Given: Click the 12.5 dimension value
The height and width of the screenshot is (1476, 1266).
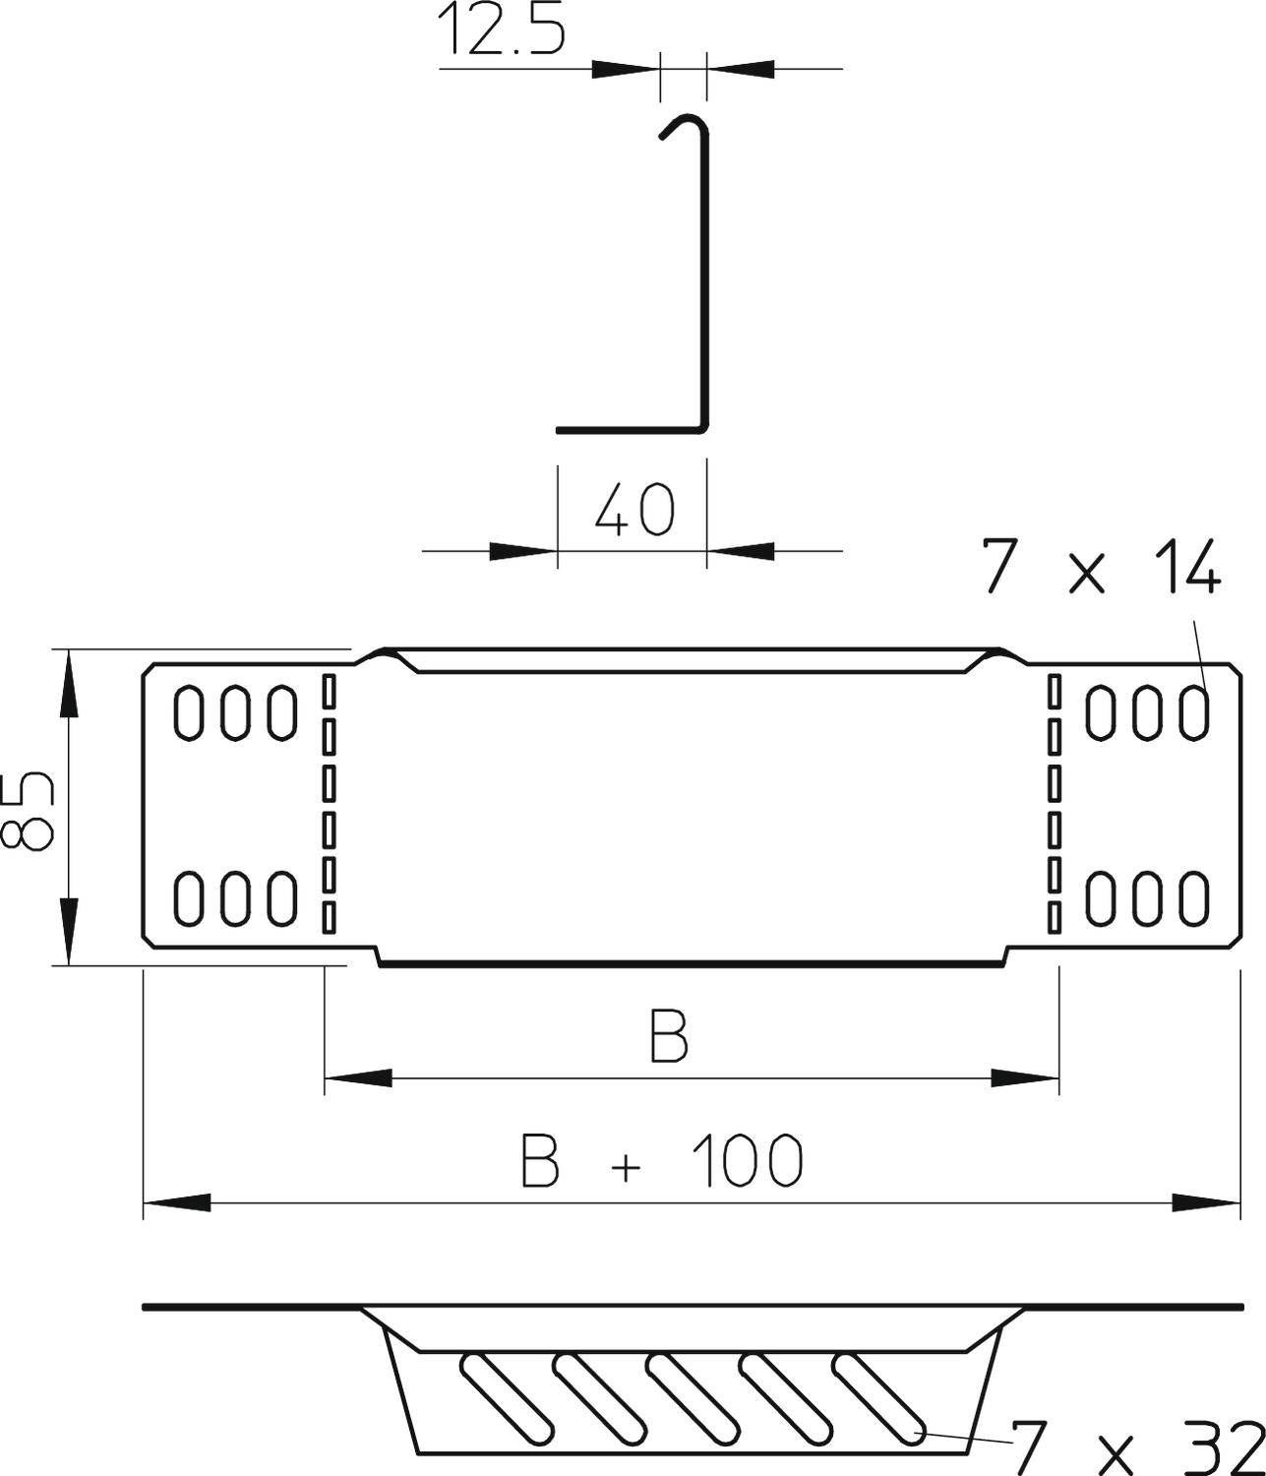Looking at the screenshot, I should coord(501,30).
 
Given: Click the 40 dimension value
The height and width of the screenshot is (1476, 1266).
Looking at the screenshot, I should coord(635,510).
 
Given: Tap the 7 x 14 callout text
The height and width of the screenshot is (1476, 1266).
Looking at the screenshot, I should coord(1102,568).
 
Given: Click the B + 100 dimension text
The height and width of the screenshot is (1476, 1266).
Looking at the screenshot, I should coord(662,1160).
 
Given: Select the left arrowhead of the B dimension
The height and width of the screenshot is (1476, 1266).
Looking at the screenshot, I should coord(358,1079).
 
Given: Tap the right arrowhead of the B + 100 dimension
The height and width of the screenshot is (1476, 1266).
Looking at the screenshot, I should coord(1205,1202).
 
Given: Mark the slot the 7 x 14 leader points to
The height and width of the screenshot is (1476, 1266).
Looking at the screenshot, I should coord(1195,712).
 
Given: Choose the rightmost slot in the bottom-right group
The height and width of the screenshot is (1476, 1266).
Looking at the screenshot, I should coord(1195,897).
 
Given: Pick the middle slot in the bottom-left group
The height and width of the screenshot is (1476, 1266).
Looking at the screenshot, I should coord(235,897).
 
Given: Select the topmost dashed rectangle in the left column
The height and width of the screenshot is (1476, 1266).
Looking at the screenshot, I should coord(329,691).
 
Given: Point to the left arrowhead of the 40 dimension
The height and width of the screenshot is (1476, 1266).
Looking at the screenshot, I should coord(522,551).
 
